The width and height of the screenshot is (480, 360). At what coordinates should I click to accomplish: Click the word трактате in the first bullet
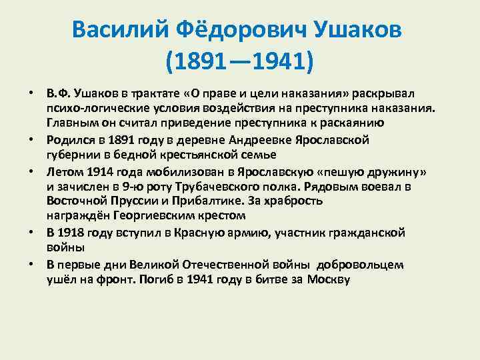[150, 92]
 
